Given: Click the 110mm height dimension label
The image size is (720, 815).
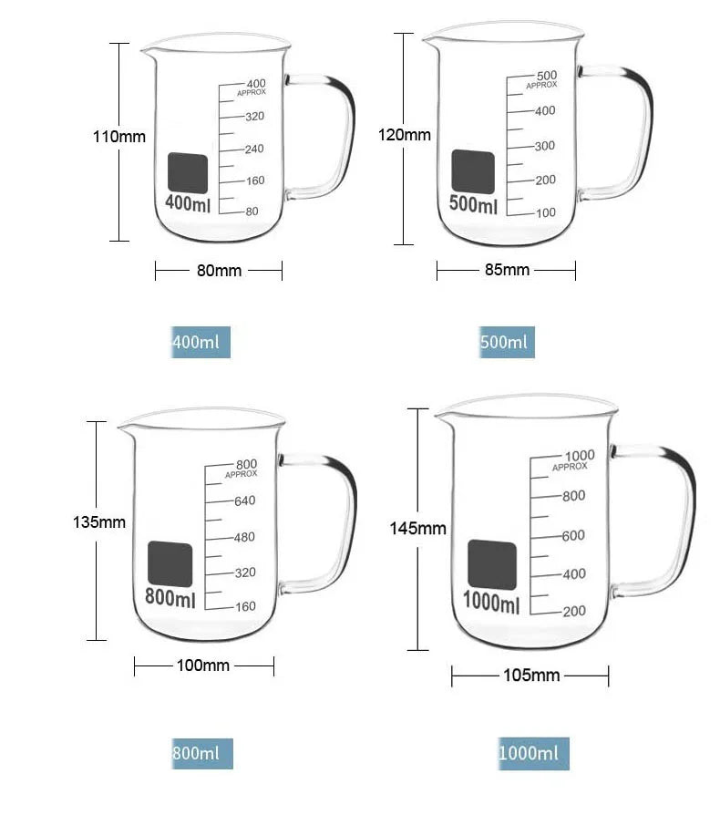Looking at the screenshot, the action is [119, 137].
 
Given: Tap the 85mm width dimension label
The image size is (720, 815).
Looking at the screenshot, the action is [507, 270].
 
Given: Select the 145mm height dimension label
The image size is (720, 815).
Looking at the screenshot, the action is [418, 529].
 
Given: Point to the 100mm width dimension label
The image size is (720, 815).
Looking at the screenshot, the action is [203, 665].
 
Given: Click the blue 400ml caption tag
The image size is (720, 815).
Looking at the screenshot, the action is [201, 342].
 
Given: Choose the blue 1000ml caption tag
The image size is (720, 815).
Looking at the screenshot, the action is [533, 753].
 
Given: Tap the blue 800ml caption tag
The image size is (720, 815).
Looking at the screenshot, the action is [202, 753].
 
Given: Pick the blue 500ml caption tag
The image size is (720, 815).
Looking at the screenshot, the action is [507, 342].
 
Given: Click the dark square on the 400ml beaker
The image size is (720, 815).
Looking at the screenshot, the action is [188, 173].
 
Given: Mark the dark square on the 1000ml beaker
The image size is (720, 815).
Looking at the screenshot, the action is [492, 565].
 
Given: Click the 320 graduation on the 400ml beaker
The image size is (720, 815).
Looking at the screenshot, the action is [254, 117].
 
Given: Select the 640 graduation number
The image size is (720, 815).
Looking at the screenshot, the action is [244, 500].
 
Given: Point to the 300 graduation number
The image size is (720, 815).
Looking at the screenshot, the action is [545, 146].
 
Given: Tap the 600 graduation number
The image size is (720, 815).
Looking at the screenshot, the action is [573, 535].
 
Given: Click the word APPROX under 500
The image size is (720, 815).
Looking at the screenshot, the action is [541, 85].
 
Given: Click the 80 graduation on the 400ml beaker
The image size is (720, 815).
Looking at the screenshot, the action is [252, 211].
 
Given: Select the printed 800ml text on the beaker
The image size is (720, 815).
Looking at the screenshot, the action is [170, 598].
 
